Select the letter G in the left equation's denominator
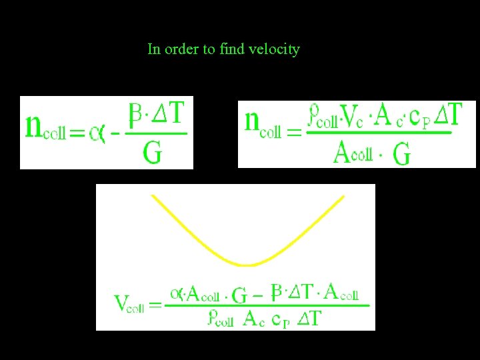point(152,153)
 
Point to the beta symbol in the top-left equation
point(136,115)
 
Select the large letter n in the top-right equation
point(252,121)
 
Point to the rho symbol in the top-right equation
point(313,116)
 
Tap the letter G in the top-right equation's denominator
point(402,154)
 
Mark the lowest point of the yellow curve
point(247,265)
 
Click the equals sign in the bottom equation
point(155,305)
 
